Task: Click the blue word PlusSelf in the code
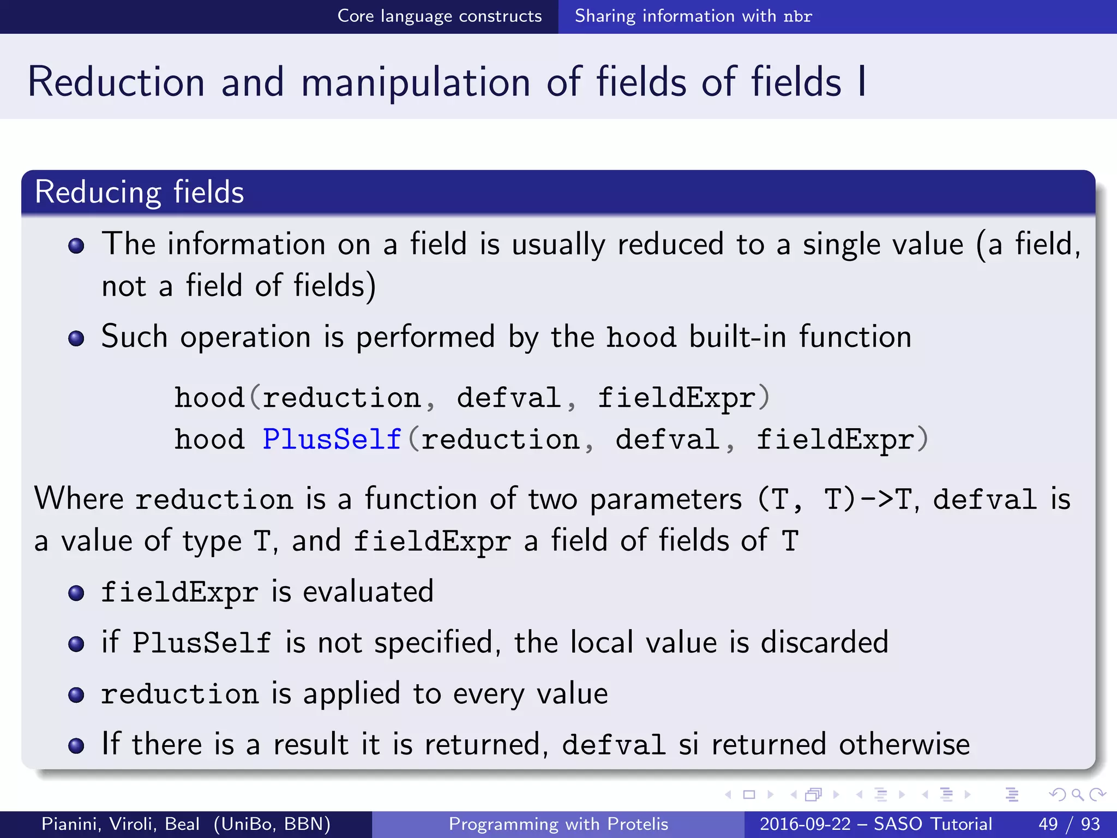click(332, 440)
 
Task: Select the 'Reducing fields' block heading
click(139, 192)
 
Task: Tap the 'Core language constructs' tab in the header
click(440, 16)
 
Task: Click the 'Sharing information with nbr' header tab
click(693, 16)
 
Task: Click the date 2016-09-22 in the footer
click(804, 824)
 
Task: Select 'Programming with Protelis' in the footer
click(558, 824)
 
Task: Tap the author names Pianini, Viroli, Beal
click(120, 824)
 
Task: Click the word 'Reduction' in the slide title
click(116, 82)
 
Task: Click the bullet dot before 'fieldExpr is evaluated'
click(76, 593)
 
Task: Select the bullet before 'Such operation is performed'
click(76, 338)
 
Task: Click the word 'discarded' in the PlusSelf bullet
click(824, 642)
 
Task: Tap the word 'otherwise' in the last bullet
click(904, 744)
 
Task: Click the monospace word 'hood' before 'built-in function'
click(641, 337)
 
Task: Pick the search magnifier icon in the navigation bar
click(1077, 794)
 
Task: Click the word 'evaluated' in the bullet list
click(368, 592)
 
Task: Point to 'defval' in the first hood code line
click(509, 398)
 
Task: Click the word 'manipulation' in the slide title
click(416, 82)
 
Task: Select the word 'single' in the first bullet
click(842, 244)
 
